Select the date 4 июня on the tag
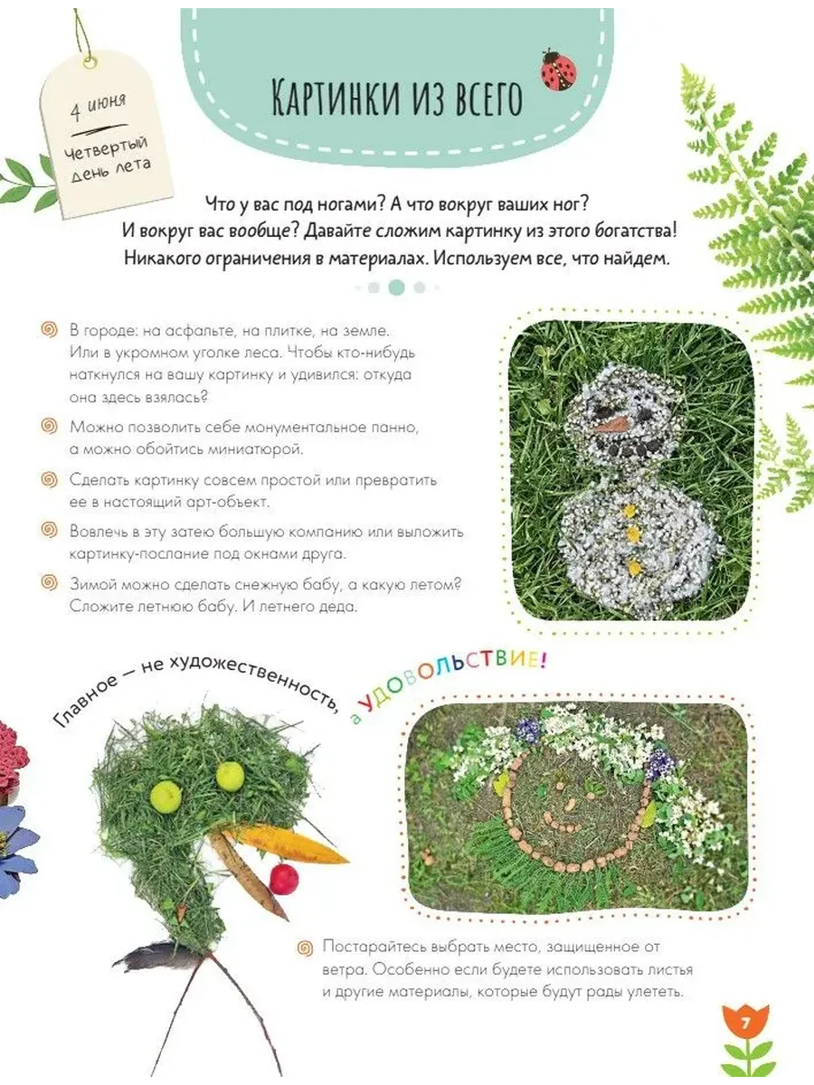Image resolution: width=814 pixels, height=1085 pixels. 98,107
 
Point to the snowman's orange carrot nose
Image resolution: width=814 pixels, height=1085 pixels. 611,424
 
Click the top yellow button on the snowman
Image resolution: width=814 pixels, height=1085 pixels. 629,511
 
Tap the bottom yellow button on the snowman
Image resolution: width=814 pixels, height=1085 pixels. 634,568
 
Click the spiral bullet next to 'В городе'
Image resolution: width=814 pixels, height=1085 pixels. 50,329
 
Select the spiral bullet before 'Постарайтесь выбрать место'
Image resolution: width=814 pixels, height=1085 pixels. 305,948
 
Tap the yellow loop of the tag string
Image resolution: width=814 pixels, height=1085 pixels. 90,62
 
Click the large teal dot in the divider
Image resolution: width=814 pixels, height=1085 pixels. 396,288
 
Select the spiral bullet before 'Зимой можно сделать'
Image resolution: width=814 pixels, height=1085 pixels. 50,583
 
